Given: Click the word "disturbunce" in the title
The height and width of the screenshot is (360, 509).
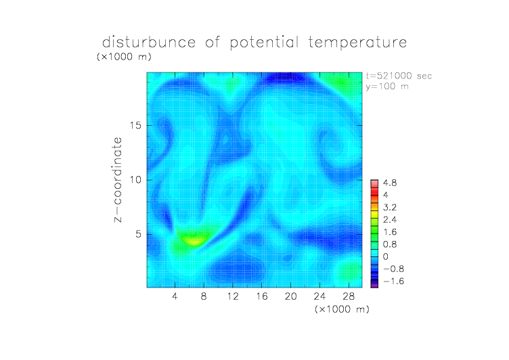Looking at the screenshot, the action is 149,42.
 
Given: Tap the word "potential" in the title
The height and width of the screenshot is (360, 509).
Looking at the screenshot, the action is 264,43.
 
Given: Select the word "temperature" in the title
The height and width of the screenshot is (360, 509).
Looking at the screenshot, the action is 357,43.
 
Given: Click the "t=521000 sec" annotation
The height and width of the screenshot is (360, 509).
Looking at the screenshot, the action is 399,76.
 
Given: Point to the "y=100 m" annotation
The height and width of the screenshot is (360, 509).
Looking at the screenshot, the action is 387,87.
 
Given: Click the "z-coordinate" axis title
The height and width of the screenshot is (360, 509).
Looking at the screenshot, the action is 118,179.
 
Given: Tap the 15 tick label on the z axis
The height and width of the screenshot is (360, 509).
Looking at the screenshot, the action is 135,125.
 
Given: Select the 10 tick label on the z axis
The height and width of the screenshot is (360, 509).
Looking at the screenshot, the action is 135,180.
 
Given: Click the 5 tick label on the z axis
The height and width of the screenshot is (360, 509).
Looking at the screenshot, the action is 139,234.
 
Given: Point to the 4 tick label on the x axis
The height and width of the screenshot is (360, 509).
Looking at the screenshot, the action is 175,296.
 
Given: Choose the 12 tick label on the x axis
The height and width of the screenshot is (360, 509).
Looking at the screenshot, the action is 233,296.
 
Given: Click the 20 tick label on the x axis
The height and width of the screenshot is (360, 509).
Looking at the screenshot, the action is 290,296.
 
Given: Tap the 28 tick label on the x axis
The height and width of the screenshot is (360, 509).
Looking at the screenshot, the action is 349,296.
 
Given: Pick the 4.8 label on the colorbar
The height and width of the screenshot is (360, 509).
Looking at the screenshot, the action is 390,183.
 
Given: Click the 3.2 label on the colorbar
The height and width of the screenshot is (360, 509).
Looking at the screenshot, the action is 390,208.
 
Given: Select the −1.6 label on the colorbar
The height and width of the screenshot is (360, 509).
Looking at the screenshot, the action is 393,281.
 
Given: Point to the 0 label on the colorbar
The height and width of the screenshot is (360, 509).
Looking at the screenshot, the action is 386,256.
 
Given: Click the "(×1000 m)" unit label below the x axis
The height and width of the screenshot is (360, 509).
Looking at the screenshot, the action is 342,309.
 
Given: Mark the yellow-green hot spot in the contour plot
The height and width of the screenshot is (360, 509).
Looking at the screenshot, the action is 194,240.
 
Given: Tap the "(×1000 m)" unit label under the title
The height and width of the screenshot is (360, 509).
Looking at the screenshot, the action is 124,57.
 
